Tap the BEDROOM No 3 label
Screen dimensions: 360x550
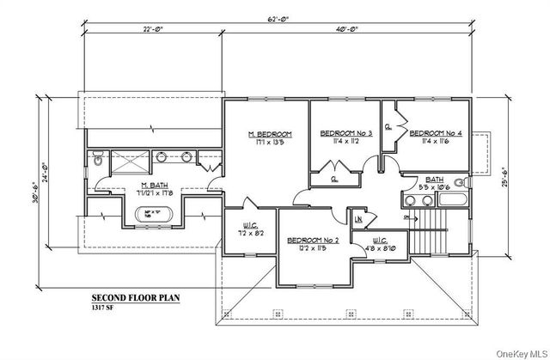click(x=345, y=134)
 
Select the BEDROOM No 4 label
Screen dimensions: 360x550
click(x=435, y=134)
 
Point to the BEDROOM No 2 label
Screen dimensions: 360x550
click(x=310, y=241)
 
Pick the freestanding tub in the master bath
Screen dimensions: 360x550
click(x=155, y=213)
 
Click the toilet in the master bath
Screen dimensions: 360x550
click(x=98, y=159)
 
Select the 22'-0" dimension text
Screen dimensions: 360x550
click(x=155, y=29)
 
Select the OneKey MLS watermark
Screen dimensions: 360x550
click(x=513, y=351)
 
